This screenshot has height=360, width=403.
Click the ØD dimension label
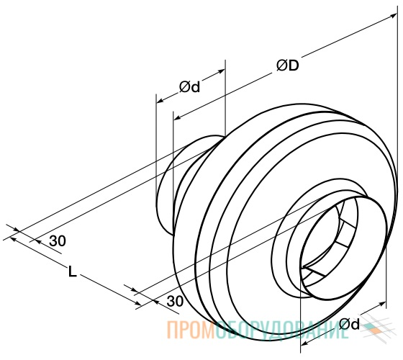pos(288,66)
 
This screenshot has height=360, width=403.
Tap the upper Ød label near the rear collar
pos(189,87)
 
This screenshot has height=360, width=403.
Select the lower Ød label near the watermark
pos(349,324)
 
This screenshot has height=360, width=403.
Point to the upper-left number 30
pos(58,241)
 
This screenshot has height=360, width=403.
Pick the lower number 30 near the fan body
pos(175,301)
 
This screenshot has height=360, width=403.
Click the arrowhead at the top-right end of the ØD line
pos(394,15)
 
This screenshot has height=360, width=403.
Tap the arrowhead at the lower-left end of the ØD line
pos(177,118)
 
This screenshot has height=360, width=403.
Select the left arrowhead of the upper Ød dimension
pos(160,101)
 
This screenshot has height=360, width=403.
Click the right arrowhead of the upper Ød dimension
pos(222,71)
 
